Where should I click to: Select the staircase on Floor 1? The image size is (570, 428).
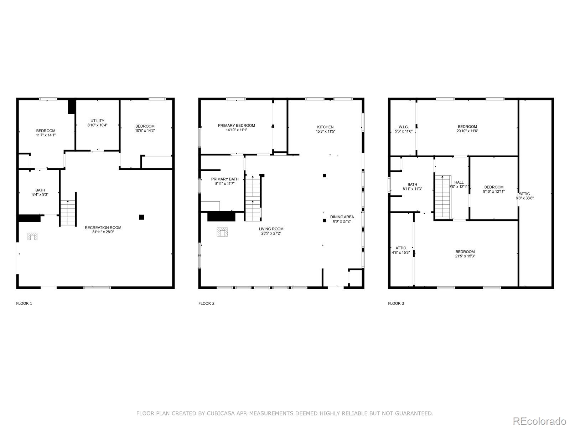point(68,213)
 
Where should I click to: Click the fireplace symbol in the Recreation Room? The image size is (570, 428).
point(32,236)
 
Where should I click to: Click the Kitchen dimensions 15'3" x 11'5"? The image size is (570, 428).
point(325,131)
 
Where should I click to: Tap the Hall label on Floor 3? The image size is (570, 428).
point(459,182)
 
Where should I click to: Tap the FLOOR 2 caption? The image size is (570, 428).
point(206,304)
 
